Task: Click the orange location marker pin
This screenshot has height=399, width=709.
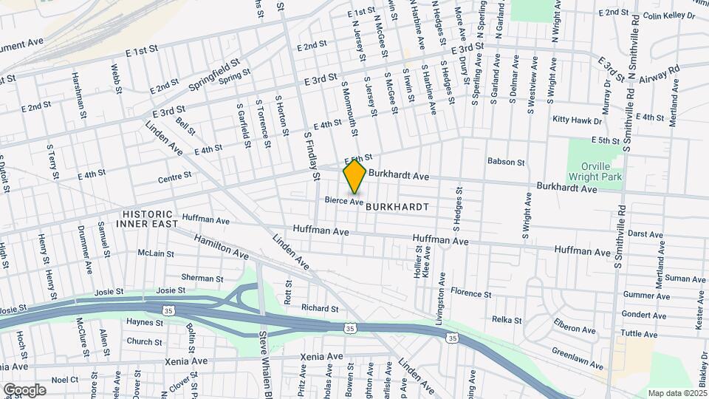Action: pyautogui.click(x=354, y=176)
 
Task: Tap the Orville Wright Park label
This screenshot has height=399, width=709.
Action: pyautogui.click(x=595, y=171)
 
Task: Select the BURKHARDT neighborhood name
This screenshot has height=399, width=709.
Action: pyautogui.click(x=397, y=208)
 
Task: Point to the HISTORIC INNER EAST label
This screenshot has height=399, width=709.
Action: pyautogui.click(x=150, y=218)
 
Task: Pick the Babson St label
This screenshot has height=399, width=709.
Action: pyautogui.click(x=506, y=162)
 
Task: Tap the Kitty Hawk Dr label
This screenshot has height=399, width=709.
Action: pyautogui.click(x=575, y=119)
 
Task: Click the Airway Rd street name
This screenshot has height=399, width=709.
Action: pyautogui.click(x=659, y=72)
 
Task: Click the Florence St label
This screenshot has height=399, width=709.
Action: pyautogui.click(x=470, y=293)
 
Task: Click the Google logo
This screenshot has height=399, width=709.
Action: pyautogui.click(x=24, y=390)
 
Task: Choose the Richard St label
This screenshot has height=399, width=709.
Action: pyautogui.click(x=319, y=308)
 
